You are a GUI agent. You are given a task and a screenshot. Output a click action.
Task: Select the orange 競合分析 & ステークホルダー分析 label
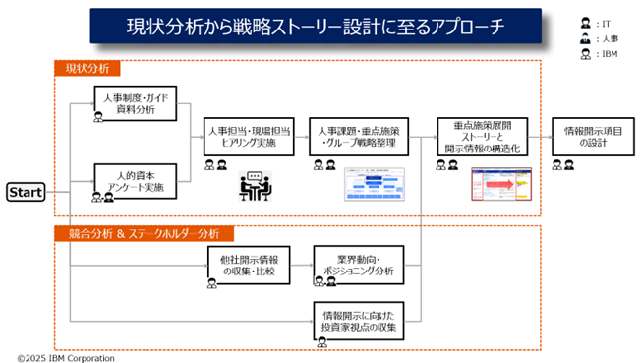point(144,234)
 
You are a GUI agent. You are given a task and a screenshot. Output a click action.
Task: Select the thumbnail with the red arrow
point(500,185)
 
